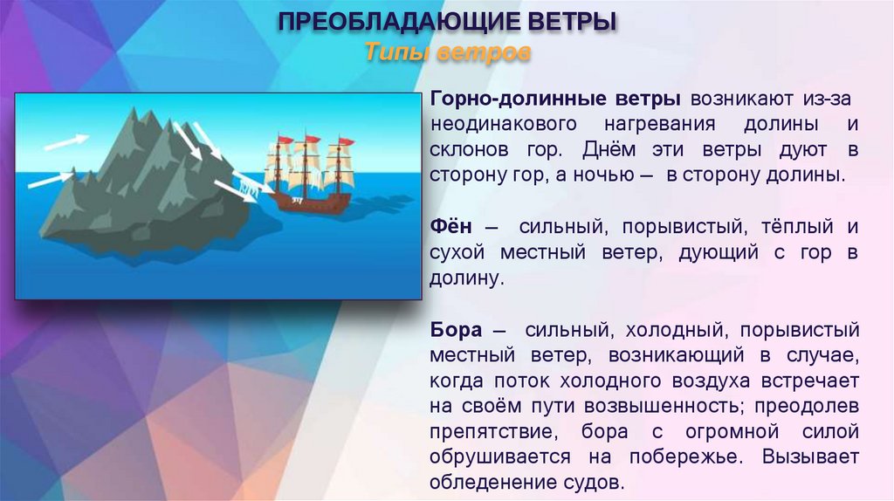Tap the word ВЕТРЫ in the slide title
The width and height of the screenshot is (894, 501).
[x=570, y=20]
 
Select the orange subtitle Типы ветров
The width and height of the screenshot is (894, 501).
[x=447, y=52]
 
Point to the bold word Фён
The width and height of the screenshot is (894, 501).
[x=450, y=227]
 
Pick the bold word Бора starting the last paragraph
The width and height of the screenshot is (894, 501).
[x=456, y=331]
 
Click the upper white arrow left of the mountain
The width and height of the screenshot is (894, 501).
[x=65, y=140]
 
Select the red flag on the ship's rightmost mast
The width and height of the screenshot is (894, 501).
[x=347, y=141]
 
